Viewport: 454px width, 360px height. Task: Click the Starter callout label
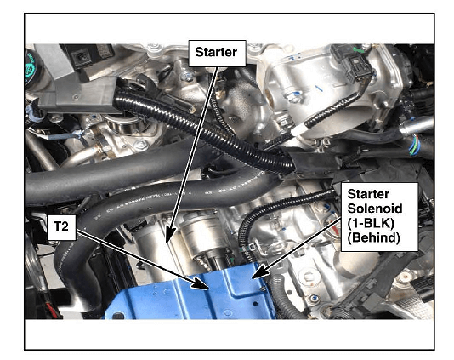217,53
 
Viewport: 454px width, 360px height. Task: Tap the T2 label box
61,227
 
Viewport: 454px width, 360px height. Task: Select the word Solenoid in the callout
375,209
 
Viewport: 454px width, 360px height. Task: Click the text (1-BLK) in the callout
371,223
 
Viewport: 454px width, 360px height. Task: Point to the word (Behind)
373,237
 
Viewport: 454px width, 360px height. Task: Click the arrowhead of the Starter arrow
170,235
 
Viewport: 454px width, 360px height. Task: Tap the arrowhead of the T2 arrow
200,283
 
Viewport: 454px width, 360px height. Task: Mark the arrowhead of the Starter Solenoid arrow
259,271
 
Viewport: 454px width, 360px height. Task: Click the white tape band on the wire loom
298,129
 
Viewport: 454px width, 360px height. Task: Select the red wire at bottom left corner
52,309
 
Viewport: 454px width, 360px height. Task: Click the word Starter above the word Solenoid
368,194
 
